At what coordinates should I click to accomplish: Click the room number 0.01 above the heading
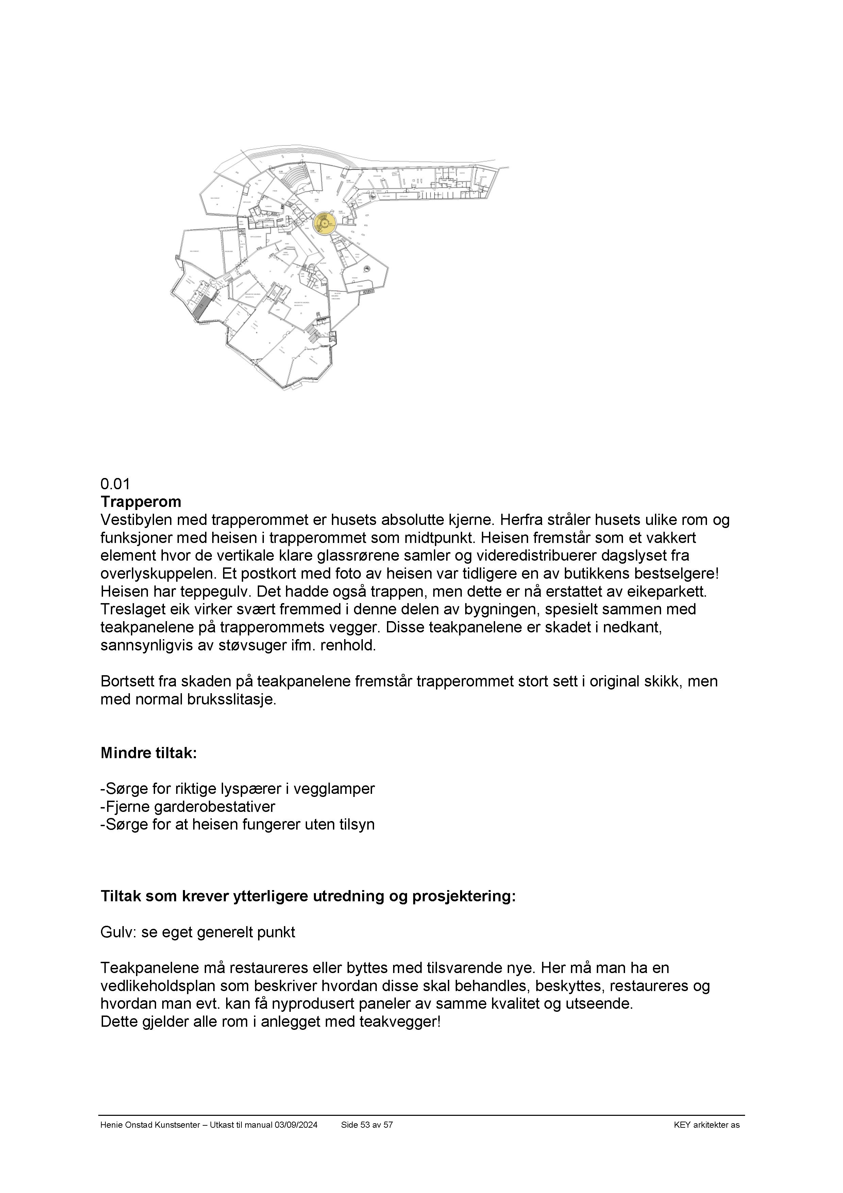click(115, 484)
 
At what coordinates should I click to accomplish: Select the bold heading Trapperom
click(141, 502)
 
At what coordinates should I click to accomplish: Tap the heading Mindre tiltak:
click(149, 753)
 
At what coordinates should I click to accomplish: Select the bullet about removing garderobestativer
click(188, 806)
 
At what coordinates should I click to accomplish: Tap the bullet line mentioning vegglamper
click(237, 789)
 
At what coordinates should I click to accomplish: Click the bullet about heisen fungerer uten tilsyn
click(237, 824)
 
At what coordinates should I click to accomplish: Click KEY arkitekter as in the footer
click(706, 1125)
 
